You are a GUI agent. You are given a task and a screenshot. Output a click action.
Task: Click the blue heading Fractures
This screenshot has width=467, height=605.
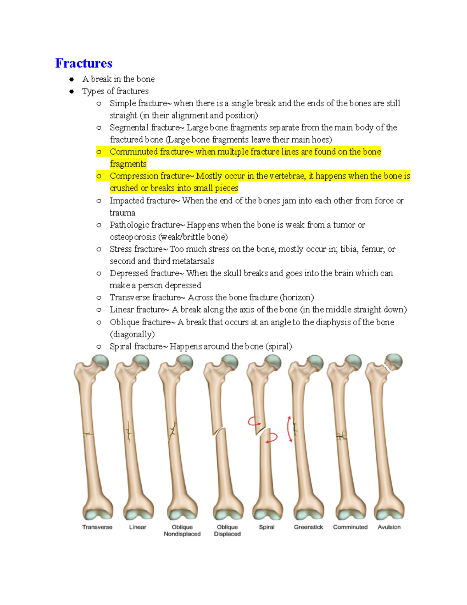(84, 63)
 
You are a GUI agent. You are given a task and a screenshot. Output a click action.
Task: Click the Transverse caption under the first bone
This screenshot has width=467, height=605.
(97, 527)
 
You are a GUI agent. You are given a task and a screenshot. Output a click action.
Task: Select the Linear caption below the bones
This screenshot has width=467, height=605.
(138, 527)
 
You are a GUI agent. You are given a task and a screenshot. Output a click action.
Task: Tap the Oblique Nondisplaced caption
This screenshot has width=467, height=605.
(182, 531)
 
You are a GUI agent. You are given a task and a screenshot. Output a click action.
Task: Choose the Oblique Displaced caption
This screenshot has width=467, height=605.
(227, 531)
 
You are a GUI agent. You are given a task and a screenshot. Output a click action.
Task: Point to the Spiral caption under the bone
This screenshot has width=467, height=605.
(267, 527)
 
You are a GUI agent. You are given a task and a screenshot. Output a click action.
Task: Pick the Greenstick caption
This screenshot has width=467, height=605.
(309, 527)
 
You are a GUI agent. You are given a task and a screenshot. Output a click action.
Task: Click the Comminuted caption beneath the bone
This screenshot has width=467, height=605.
(350, 527)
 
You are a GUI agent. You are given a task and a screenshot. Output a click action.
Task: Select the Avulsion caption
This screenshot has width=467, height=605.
(389, 527)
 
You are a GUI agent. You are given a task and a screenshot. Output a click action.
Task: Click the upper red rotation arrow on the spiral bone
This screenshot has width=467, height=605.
(255, 421)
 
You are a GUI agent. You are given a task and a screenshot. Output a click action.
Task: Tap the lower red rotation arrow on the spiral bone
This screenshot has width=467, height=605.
(272, 438)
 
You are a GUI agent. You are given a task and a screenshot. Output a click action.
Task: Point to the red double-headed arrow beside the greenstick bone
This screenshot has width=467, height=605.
(290, 429)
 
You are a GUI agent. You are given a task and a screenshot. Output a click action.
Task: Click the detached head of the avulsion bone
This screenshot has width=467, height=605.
(394, 362)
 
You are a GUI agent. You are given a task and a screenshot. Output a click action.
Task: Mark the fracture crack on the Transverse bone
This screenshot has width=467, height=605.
(89, 434)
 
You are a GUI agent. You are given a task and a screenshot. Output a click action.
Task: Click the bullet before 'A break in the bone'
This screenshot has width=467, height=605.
(72, 79)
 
